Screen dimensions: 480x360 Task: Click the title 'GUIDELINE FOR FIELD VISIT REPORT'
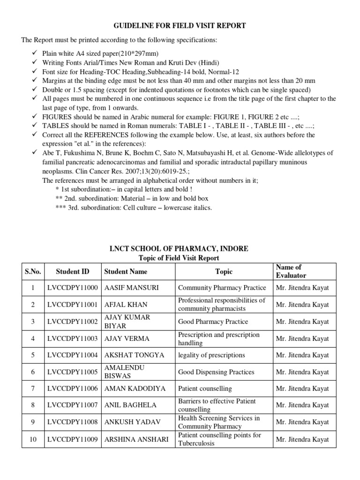pos(180,26)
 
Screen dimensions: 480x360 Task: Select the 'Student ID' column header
pos(72,271)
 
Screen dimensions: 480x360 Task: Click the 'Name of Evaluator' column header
pos(291,271)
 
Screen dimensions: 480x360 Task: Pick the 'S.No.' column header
pos(33,271)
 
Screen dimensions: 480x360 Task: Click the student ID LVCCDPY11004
pos(72,355)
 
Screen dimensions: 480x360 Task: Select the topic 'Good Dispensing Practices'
pos(216,372)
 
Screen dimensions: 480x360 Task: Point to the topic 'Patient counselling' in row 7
pos(205,389)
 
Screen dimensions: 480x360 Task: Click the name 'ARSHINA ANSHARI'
pos(136,439)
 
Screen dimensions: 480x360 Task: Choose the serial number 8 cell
pos(33,405)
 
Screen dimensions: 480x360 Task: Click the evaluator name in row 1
pos(302,288)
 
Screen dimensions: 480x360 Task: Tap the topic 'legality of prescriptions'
pos(211,355)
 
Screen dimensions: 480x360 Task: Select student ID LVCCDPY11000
pos(72,288)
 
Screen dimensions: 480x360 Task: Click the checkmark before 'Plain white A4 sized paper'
pos(35,53)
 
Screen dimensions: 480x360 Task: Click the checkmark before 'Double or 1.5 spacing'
pos(35,90)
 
